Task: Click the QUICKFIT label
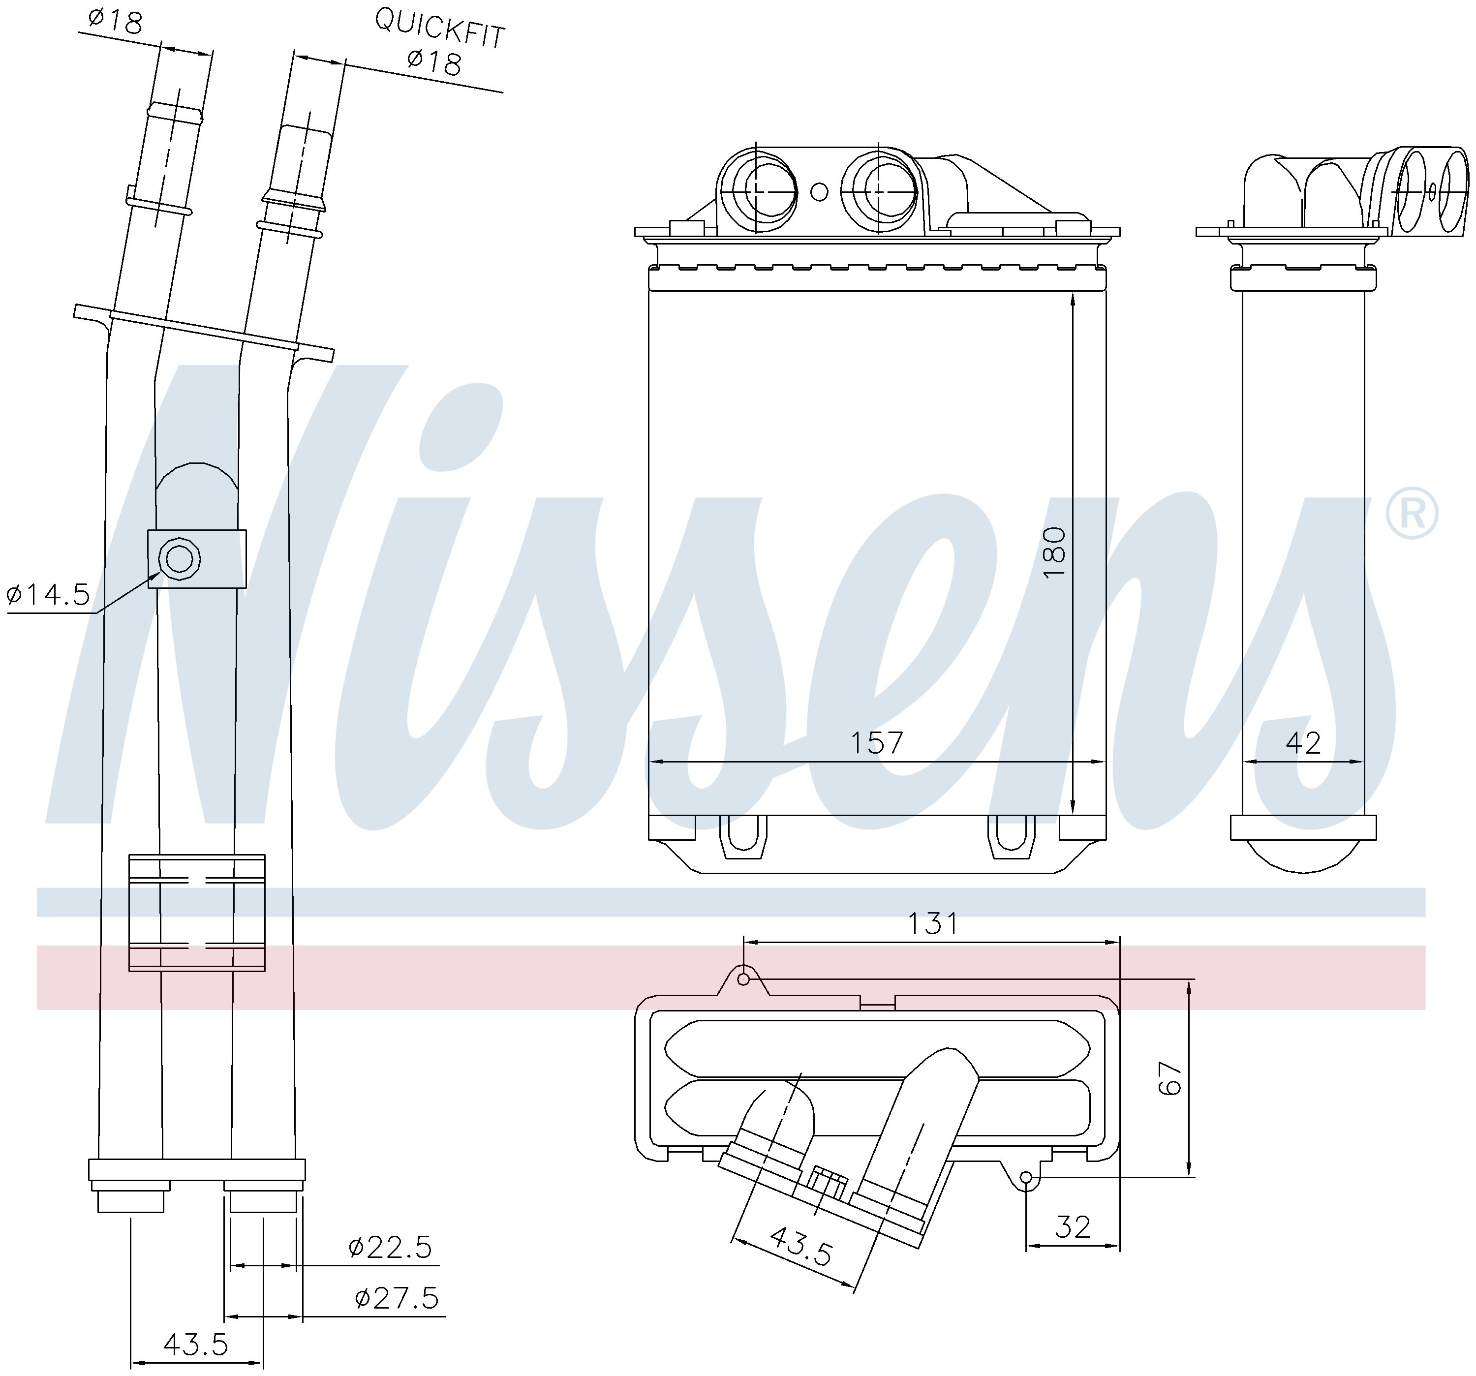click(x=439, y=28)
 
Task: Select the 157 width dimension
click(x=876, y=742)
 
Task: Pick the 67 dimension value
click(x=1169, y=1078)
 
